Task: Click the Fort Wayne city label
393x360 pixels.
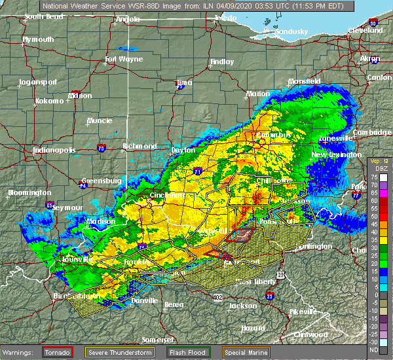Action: (x=124, y=60)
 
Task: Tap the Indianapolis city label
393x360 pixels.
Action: (x=54, y=150)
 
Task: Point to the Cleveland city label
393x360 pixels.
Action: (x=365, y=31)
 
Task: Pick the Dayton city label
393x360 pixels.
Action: (x=183, y=150)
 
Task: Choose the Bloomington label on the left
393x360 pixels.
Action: (x=29, y=192)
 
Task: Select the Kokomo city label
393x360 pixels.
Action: (x=49, y=101)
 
